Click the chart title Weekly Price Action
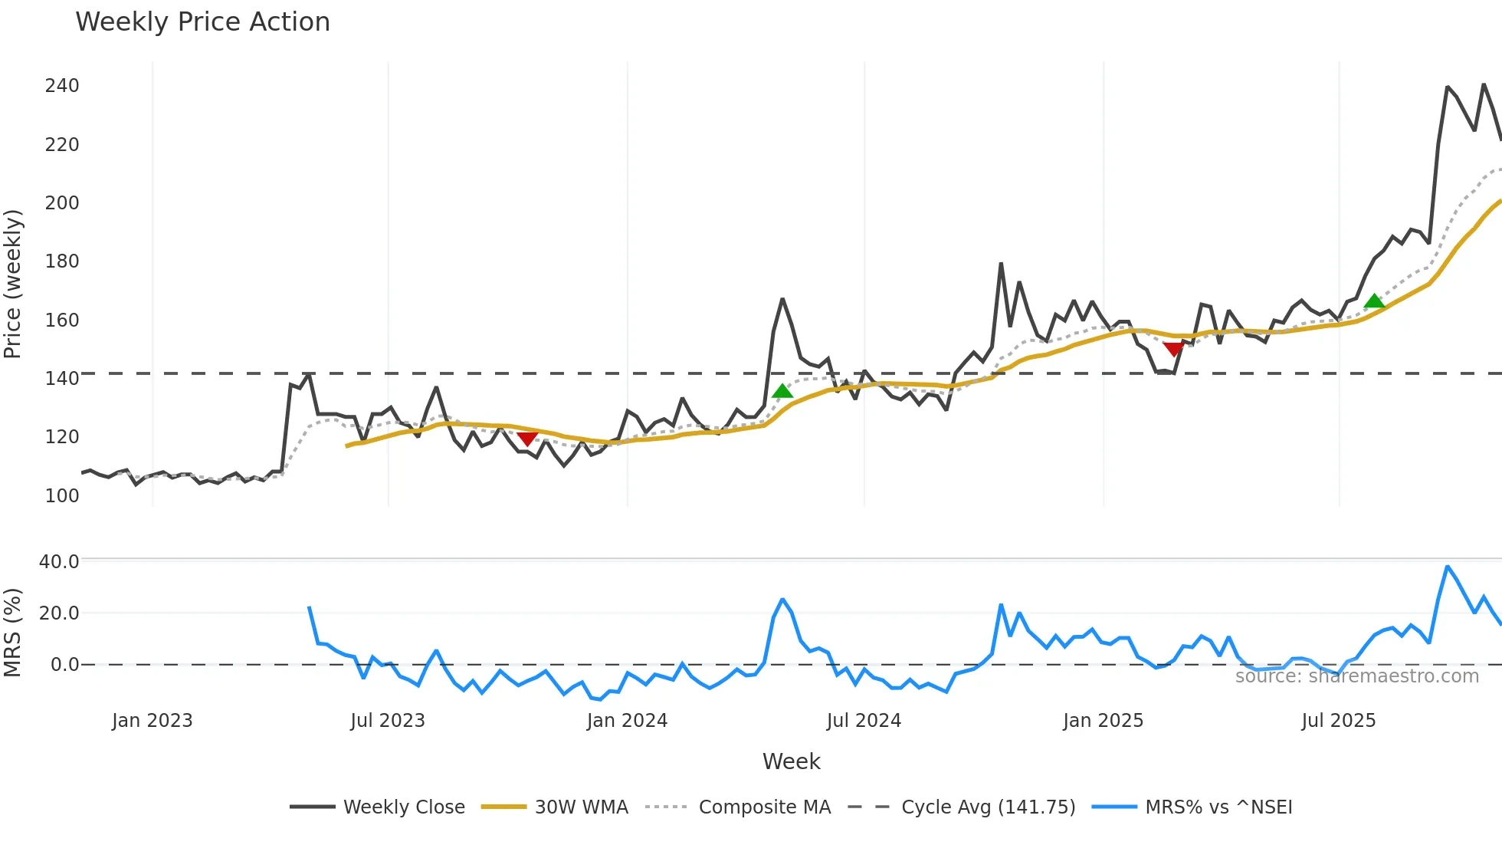coord(202,22)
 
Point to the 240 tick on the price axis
coord(62,86)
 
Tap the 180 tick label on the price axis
coord(62,261)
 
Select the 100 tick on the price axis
coord(62,496)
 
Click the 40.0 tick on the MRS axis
coord(59,562)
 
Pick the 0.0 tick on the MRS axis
coord(64,665)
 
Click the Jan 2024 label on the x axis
coord(627,721)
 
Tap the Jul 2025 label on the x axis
coord(1338,721)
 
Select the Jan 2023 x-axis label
coord(152,721)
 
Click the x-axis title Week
coord(791,761)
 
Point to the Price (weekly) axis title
coord(12,284)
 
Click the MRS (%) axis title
coord(12,633)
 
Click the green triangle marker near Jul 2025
coord(1374,301)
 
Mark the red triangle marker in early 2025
coord(1173,350)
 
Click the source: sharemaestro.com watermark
coord(1356,676)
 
